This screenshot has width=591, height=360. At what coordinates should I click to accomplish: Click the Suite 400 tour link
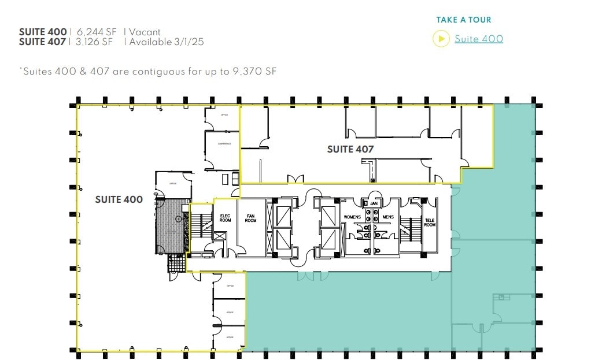pos(478,39)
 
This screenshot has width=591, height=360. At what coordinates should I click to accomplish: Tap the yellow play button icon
pos(441,39)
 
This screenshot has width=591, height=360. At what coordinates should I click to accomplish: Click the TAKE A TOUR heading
pos(464,20)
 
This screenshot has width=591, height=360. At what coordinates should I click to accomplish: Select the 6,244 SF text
pos(97,32)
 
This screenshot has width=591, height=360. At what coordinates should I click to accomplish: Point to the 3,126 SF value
pos(95,42)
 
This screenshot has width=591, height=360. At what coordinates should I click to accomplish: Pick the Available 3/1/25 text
pos(167,42)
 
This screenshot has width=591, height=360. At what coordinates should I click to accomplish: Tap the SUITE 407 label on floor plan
pos(350,149)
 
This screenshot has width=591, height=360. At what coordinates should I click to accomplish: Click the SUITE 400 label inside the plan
pos(119,199)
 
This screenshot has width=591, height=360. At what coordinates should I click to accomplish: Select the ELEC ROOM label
pos(225,218)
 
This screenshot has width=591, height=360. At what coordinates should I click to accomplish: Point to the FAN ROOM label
pos(250,218)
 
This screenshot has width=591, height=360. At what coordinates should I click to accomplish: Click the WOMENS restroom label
pos(352,217)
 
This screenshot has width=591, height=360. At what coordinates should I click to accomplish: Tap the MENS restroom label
pos(387,217)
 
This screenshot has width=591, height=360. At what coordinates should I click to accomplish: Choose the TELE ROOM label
pos(430,222)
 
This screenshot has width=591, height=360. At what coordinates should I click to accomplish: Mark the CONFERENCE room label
pos(224,143)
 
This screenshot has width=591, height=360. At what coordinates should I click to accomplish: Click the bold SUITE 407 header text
pos(42,42)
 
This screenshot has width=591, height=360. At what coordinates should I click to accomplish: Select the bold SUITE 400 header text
pos(42,32)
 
